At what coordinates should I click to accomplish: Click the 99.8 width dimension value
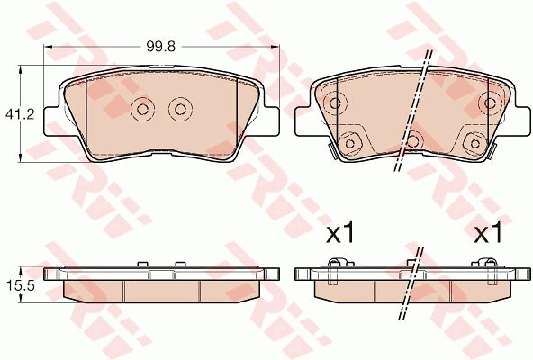click(161, 47)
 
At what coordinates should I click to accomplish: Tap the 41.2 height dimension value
click(20, 114)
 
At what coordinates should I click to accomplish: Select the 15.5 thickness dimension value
click(21, 286)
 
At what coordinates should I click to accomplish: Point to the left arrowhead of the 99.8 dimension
click(49, 47)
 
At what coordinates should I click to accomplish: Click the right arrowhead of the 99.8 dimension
click(275, 47)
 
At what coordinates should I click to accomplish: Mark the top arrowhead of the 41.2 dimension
click(21, 70)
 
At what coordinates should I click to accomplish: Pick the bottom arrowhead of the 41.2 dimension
click(21, 157)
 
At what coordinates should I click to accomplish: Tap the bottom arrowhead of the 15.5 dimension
click(21, 299)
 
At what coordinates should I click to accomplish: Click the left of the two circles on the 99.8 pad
click(142, 109)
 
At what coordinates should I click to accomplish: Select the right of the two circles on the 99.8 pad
click(180, 109)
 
